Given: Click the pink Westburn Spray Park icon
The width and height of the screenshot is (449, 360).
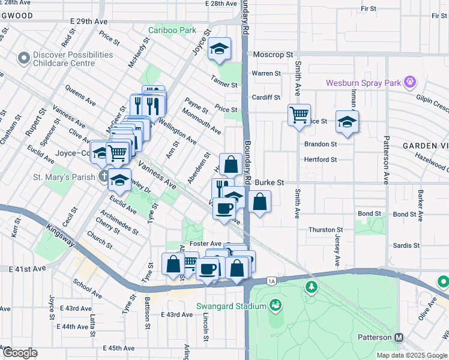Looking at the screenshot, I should click(411, 81).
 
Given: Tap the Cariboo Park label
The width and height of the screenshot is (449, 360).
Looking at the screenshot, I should click(172, 30).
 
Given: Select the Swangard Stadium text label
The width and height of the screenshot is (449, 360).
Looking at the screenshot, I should click(231, 307).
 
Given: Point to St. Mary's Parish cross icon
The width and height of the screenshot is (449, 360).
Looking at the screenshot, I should click(104, 176).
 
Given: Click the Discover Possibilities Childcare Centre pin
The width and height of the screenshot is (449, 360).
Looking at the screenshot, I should click(24, 58).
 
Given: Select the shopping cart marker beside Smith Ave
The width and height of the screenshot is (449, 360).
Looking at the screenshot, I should click(298, 113).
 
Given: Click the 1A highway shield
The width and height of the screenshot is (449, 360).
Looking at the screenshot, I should click(271, 281).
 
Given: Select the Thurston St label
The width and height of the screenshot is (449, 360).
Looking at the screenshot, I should click(325, 230).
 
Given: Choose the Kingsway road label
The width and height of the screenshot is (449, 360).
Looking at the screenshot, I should click(59, 235).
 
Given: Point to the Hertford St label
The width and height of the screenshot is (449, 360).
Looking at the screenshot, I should click(321, 160).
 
